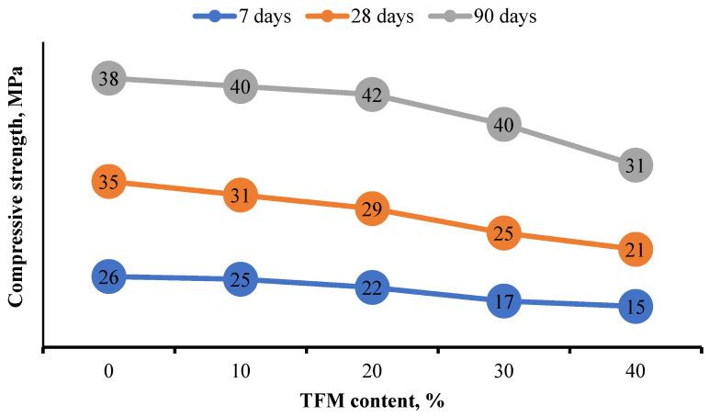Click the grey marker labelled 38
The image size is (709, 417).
pos(108,79)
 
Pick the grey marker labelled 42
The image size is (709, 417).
pos(372,95)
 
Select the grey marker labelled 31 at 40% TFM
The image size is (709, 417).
pos(635,166)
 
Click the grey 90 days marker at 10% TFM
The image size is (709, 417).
pos(240,86)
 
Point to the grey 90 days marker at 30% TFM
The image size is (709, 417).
pos(503,125)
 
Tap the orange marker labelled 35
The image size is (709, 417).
pos(108,182)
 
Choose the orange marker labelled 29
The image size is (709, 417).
pos(372,209)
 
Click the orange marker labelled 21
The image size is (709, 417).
pos(635,249)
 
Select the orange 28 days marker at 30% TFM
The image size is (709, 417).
pos(503,233)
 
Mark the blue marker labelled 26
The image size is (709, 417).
pos(108,276)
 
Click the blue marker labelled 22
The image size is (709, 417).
pos(372,287)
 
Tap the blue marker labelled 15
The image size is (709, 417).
pos(635,307)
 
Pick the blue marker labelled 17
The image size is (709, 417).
pos(503,300)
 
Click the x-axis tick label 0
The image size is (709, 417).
pos(108,370)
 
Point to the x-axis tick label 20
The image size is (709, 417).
pos(372,370)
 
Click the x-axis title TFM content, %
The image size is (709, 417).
pos(372,401)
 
